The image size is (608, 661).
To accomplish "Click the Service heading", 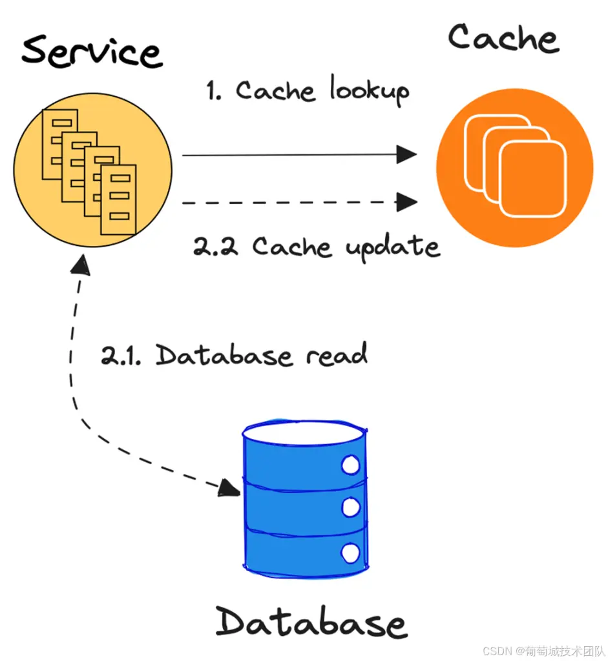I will tap(92, 52).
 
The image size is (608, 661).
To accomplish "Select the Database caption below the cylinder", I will tap(311, 622).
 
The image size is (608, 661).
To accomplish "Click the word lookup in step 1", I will tap(370, 91).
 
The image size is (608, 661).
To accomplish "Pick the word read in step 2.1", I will tap(337, 355).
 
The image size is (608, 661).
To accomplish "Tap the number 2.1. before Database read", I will tap(122, 356).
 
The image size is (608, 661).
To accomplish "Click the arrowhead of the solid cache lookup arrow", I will tap(406, 154).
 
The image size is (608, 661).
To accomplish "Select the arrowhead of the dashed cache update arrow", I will tap(406, 202).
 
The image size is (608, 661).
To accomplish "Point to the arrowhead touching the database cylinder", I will tap(229, 487).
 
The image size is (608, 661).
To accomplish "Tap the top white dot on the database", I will tap(350, 465).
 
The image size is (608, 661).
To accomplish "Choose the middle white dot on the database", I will tap(350, 508).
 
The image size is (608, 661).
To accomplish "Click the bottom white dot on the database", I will tap(350, 552).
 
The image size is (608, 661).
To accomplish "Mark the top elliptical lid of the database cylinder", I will tap(304, 432).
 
